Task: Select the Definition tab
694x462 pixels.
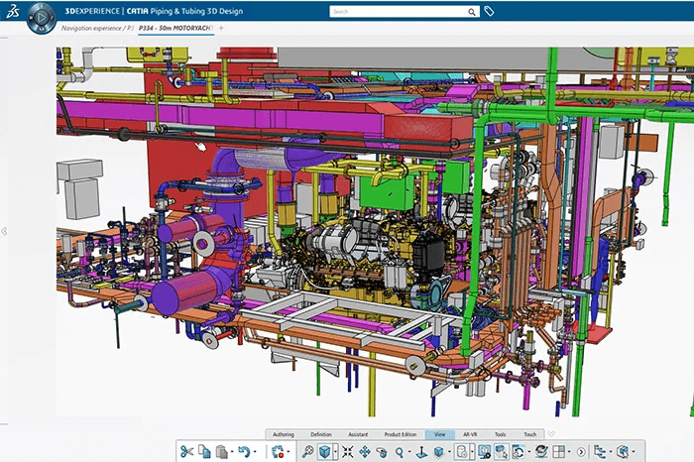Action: pos(321,434)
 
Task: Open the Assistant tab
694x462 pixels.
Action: pos(358,434)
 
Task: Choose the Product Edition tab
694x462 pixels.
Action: pos(401,434)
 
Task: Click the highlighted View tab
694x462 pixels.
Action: pos(440,434)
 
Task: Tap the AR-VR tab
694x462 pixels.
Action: pos(470,434)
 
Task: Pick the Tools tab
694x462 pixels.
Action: pos(501,434)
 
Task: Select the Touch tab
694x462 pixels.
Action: pos(530,434)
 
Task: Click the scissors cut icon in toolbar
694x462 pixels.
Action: pos(186,452)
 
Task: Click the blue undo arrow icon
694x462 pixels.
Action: pos(244,452)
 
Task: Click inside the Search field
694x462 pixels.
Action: pos(397,12)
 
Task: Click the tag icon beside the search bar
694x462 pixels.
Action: pos(489,12)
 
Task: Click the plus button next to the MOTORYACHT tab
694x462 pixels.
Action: pos(221,28)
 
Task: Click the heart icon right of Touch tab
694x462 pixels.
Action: pos(551,434)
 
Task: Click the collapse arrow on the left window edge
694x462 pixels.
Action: pos(4,231)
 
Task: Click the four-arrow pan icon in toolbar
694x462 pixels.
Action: pos(365,452)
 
